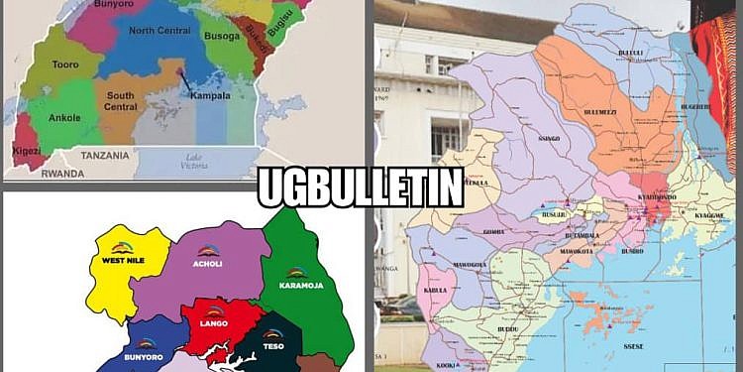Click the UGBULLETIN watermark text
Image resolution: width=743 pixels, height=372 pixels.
pos(361,188)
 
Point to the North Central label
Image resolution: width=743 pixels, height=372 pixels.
pos(159,32)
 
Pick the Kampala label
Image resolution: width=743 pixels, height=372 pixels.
pos(210,96)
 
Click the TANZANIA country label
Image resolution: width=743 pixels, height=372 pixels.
pos(106,156)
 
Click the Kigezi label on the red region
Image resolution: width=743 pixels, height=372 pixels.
pos(20,150)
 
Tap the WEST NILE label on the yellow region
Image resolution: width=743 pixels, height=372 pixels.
pos(122,261)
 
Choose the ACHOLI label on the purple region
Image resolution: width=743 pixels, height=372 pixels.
pos(208,265)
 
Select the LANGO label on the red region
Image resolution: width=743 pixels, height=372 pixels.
pos(215,323)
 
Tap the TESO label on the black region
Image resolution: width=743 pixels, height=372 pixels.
pos(273,346)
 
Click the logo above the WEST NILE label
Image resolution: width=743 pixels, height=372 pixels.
pos(122,247)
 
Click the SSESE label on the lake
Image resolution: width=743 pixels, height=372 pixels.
pos(634,345)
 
